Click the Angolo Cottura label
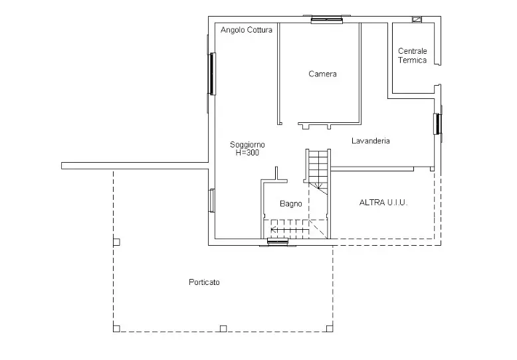(247, 30)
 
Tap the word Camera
(322, 74)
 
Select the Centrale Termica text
(412, 55)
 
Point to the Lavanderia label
(371, 141)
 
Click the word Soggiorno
(247, 144)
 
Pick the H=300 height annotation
(247, 152)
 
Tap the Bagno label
(291, 204)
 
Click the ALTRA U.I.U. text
(383, 203)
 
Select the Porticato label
(204, 282)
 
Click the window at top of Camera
(327, 19)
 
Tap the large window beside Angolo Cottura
(212, 74)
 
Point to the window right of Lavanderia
(437, 124)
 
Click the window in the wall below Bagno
(278, 242)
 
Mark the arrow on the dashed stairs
(290, 229)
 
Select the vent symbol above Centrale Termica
(417, 20)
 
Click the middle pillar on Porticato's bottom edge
(223, 329)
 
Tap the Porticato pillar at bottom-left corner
(116, 329)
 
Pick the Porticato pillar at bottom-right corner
(330, 329)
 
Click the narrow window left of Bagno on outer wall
(212, 201)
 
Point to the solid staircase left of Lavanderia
(318, 171)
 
